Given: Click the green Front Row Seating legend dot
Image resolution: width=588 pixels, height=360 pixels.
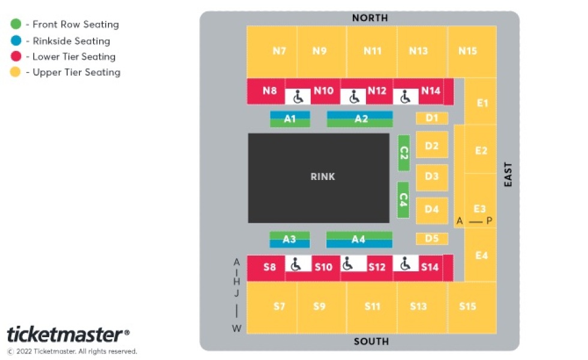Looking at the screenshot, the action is pyautogui.click(x=16, y=24).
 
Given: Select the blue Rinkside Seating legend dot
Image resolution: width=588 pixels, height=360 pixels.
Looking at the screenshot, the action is pyautogui.click(x=16, y=41).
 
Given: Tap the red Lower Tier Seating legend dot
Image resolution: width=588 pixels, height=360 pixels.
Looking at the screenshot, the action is pyautogui.click(x=16, y=56).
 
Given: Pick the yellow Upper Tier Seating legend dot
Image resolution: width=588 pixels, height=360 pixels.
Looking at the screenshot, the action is pyautogui.click(x=16, y=71).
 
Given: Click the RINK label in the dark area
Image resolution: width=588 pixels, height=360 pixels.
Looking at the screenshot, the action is pyautogui.click(x=323, y=176).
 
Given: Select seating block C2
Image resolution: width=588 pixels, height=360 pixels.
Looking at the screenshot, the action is pyautogui.click(x=403, y=153).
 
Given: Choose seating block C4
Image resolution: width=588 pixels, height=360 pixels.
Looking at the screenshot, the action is pyautogui.click(x=403, y=199).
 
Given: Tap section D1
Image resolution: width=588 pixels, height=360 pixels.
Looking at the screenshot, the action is pyautogui.click(x=431, y=118).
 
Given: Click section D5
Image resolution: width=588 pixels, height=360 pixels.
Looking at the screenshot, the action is pyautogui.click(x=431, y=239).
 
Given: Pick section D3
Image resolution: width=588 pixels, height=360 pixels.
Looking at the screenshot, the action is pyautogui.click(x=431, y=176).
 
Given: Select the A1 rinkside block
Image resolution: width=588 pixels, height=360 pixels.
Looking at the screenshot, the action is pyautogui.click(x=290, y=119).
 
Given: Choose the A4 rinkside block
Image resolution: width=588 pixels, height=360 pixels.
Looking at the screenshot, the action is pyautogui.click(x=359, y=239).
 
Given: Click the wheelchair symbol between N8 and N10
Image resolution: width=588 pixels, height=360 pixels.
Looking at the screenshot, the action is pyautogui.click(x=298, y=97).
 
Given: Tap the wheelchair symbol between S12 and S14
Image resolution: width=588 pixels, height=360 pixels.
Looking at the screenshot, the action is pyautogui.click(x=405, y=263).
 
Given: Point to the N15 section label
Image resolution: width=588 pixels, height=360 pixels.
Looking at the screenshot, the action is pyautogui.click(x=467, y=50).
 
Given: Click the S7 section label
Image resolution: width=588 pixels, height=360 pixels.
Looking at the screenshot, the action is pyautogui.click(x=279, y=307).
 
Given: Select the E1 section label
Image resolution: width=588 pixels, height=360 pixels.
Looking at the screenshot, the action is pyautogui.click(x=482, y=103).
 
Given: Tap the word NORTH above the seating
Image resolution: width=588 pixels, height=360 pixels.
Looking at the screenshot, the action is pyautogui.click(x=370, y=17).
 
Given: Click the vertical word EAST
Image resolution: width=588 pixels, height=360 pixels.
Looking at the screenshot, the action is pyautogui.click(x=508, y=175).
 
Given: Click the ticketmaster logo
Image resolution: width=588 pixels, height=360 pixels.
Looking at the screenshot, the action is pyautogui.click(x=68, y=335).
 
